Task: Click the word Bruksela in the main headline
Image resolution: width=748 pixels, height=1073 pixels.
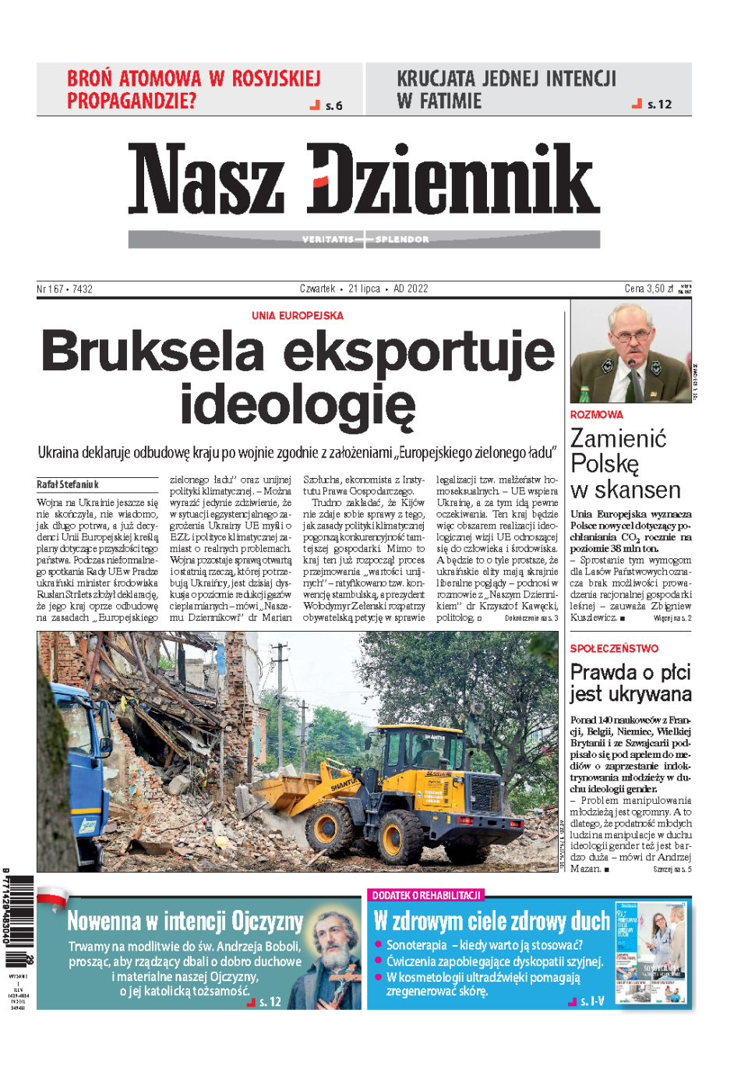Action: click(x=153, y=352)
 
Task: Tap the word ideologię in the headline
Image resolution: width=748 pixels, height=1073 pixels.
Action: click(x=298, y=405)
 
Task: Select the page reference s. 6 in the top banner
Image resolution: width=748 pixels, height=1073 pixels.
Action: click(x=333, y=106)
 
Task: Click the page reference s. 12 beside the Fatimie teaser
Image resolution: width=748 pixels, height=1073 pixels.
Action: click(x=659, y=104)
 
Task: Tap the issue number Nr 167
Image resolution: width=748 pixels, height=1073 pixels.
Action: click(x=51, y=289)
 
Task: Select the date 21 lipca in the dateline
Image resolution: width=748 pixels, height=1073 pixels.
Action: click(x=364, y=289)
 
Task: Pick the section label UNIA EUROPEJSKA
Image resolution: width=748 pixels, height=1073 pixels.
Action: click(x=297, y=316)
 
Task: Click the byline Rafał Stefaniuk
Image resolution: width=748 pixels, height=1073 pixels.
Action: click(x=68, y=484)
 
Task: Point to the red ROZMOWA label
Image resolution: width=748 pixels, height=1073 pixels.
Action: click(x=596, y=415)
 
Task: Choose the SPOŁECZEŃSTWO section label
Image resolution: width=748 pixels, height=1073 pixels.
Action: click(x=614, y=649)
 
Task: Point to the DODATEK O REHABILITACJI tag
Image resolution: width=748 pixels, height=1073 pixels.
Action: click(x=426, y=895)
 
